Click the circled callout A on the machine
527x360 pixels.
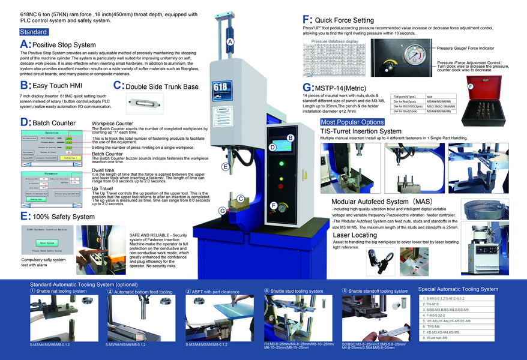click(x=230, y=41)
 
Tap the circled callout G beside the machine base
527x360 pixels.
click(x=222, y=210)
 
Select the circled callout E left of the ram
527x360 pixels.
click(x=226, y=166)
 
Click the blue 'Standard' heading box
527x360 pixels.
click(x=34, y=32)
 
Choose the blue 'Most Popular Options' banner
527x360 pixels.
click(x=352, y=122)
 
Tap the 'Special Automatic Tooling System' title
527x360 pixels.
click(x=458, y=289)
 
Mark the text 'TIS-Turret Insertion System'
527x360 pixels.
click(x=361, y=131)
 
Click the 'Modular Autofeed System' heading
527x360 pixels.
click(x=370, y=202)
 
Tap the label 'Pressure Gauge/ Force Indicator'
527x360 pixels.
click(x=466, y=47)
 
